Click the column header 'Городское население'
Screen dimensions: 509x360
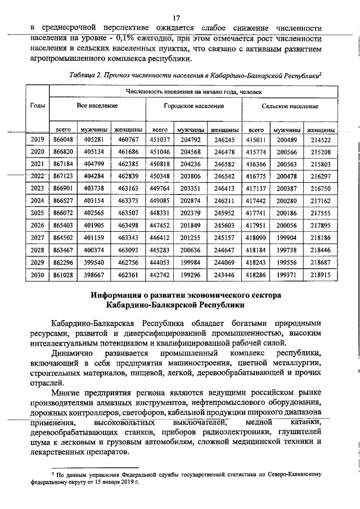coord(193,106)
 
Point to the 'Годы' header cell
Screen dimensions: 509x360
coord(37,106)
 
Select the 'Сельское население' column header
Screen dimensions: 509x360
coord(289,106)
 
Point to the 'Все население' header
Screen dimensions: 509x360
coord(97,106)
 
